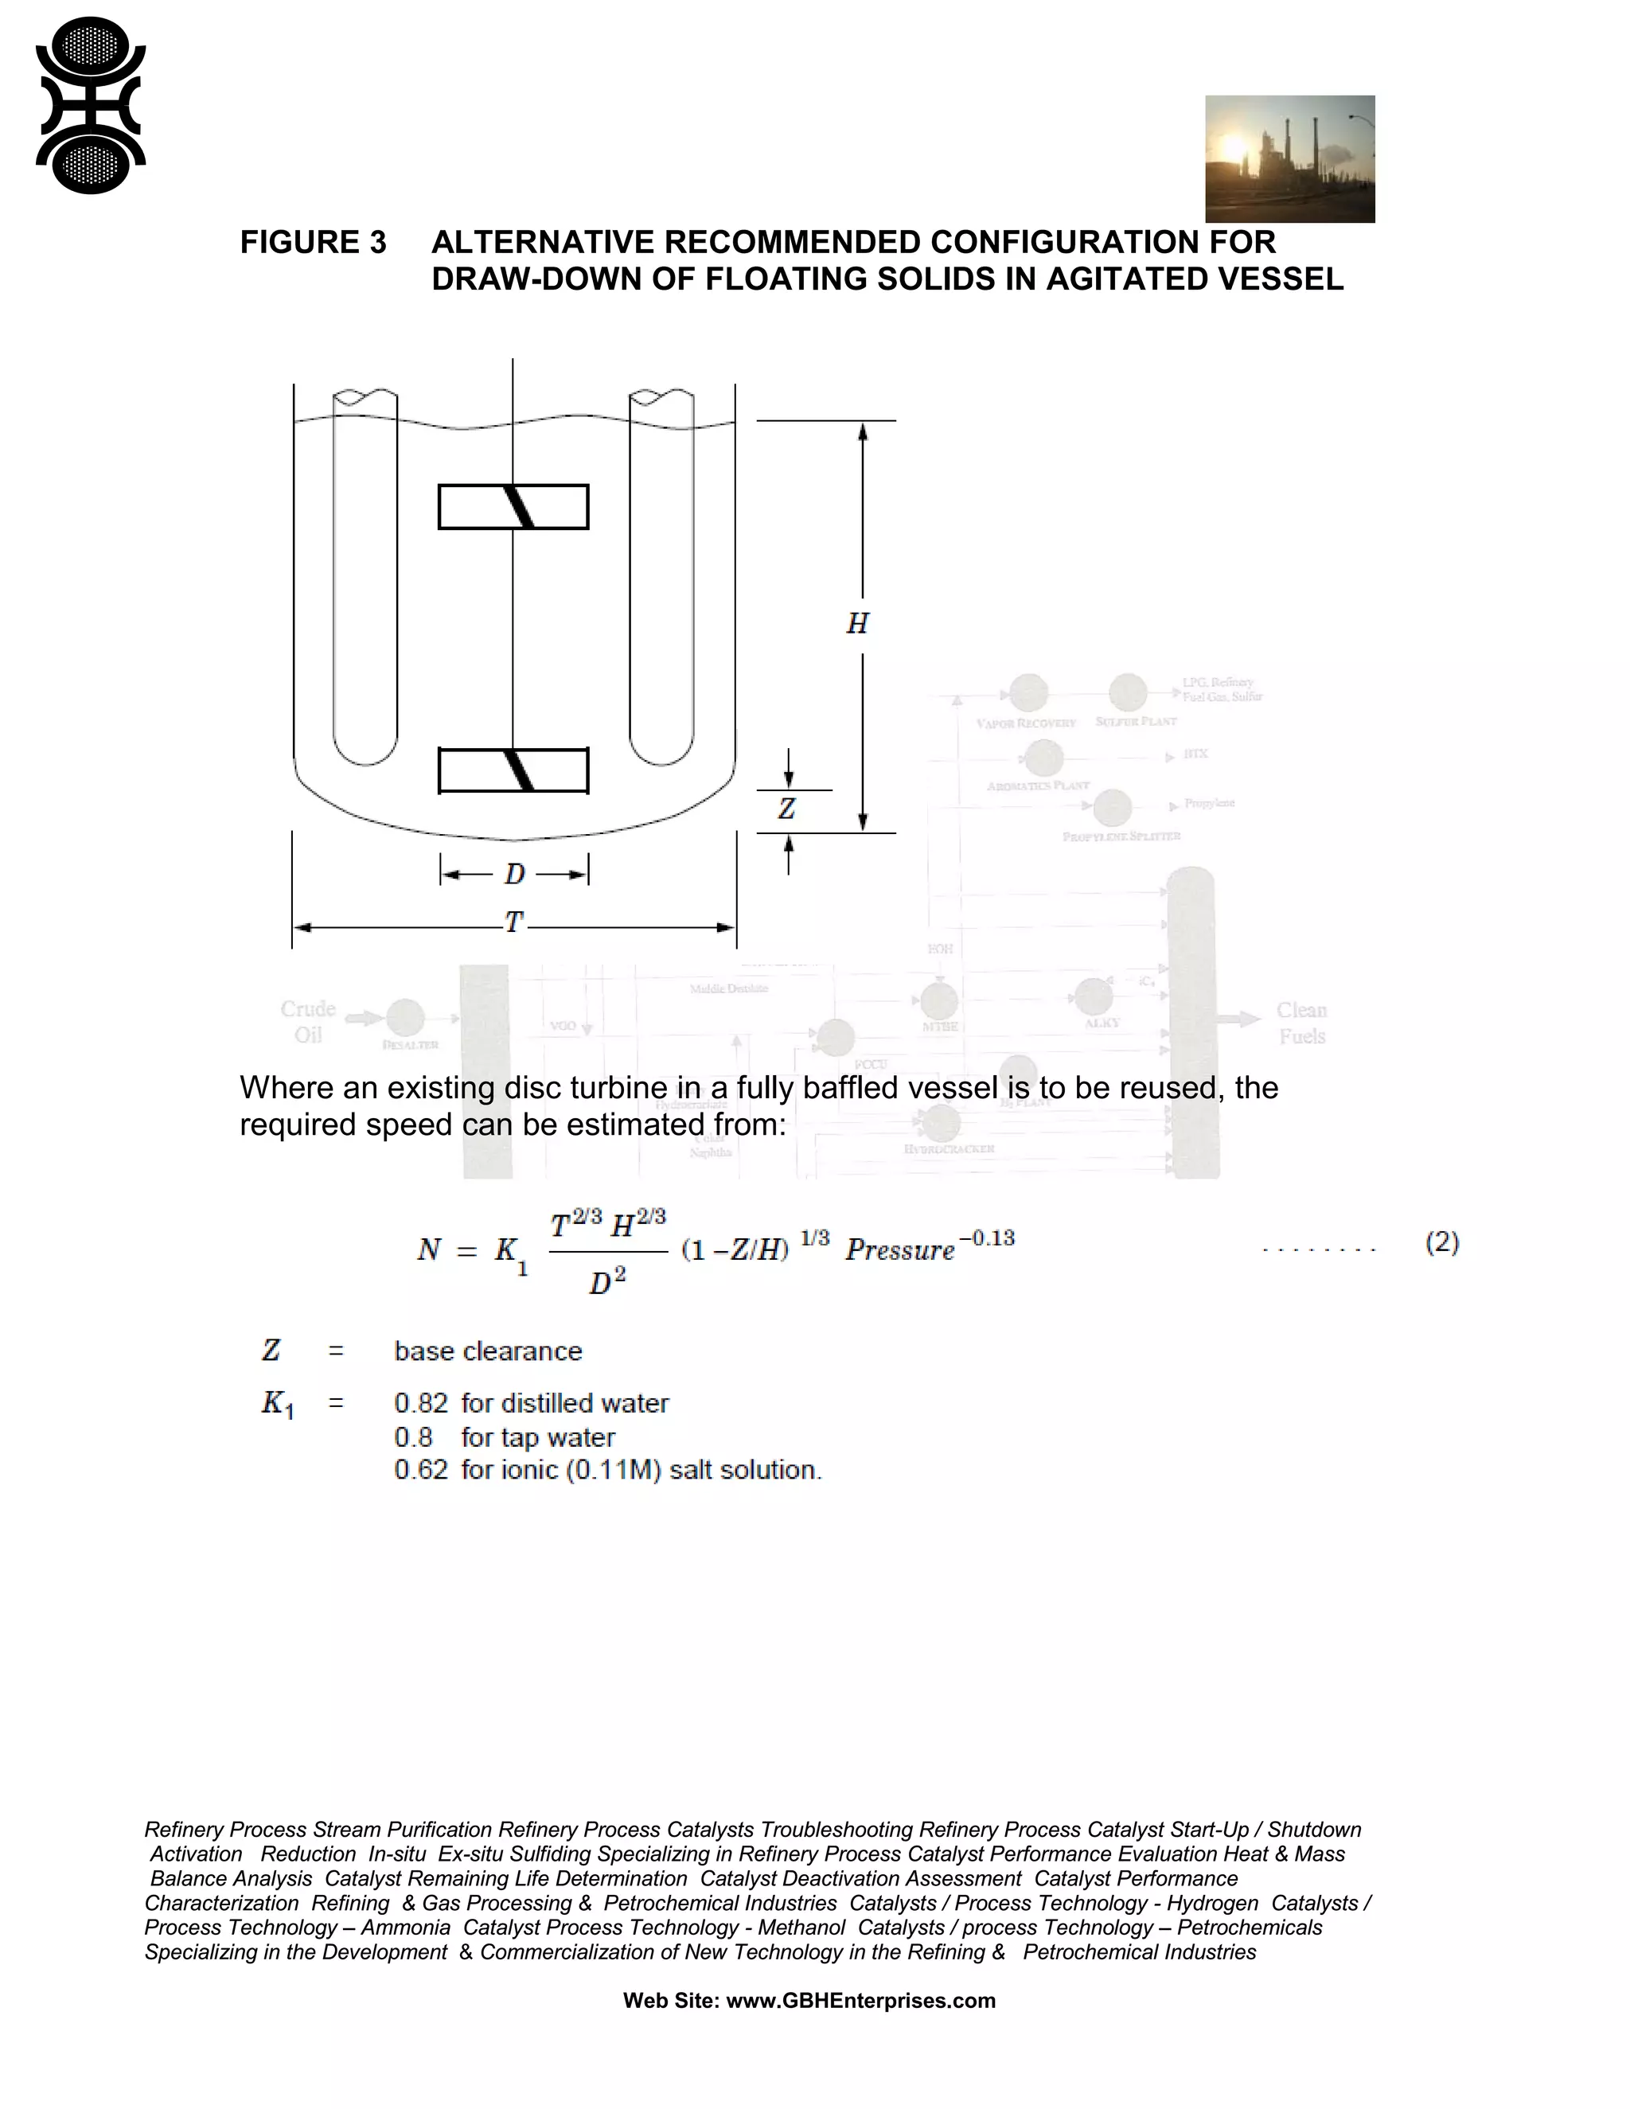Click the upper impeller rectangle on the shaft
point(513,507)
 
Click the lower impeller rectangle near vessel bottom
point(513,770)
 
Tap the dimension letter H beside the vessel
point(857,624)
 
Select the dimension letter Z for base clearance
point(787,809)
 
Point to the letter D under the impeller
point(513,874)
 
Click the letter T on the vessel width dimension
point(513,923)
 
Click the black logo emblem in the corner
point(91,105)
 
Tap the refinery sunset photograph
point(1289,159)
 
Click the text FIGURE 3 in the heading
point(313,243)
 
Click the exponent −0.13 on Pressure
point(986,1238)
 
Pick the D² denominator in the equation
point(607,1281)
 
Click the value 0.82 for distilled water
point(421,1403)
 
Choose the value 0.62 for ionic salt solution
point(421,1470)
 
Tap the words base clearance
point(488,1351)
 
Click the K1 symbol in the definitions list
point(277,1404)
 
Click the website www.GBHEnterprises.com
point(860,2001)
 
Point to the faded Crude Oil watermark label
point(308,1022)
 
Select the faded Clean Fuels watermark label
point(1301,1023)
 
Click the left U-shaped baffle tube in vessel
point(365,579)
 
